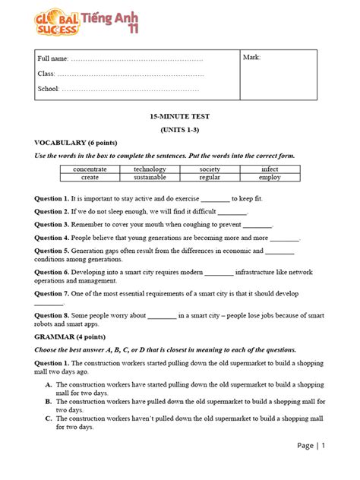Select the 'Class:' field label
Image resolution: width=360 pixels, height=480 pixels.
46,74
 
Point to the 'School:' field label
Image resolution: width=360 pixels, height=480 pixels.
49,89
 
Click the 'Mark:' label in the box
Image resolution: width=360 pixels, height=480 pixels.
251,58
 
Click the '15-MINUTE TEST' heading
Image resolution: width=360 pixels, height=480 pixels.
179,117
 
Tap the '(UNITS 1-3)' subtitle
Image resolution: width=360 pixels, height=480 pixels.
179,130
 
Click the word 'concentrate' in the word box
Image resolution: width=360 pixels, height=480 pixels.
90,169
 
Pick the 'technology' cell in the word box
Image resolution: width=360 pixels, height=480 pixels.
150,169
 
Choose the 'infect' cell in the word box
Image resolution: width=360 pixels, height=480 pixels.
270,169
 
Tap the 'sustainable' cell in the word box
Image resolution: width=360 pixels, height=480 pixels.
150,177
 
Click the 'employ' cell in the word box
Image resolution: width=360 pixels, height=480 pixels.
270,177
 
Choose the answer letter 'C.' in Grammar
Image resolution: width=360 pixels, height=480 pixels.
49,418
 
